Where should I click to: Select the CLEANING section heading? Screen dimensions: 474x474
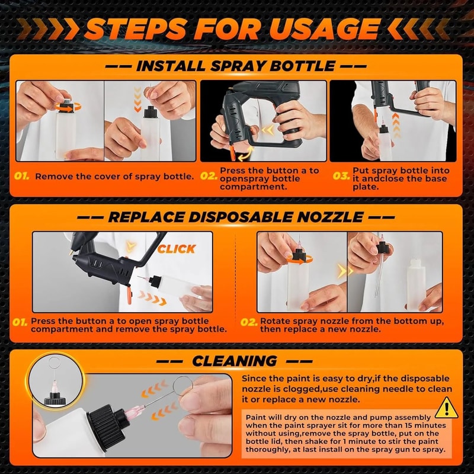click(234, 360)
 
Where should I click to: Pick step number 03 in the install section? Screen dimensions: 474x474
click(340, 176)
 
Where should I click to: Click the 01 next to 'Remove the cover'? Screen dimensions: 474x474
click(22, 176)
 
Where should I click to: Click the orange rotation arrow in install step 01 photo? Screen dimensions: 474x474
click(63, 107)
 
